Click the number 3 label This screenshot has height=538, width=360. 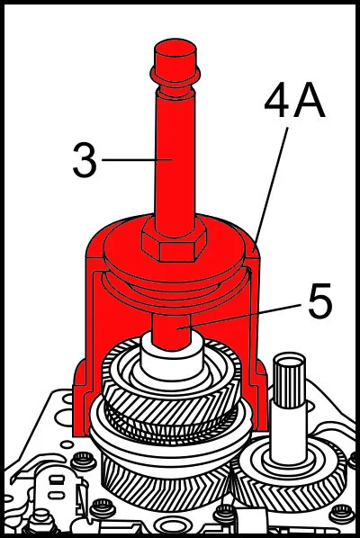coord(85,159)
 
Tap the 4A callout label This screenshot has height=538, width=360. coord(295,101)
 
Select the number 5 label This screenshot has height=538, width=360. coord(319,300)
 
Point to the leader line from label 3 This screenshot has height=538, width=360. coord(137,159)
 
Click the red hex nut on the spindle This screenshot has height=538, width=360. coord(174,239)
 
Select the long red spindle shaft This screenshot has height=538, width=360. coord(175,161)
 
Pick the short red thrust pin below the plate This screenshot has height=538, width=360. coord(171,331)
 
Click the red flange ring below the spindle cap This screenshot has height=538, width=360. coord(175,75)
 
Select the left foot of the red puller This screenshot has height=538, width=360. coord(83,398)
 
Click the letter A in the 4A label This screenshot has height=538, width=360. coord(310,101)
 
